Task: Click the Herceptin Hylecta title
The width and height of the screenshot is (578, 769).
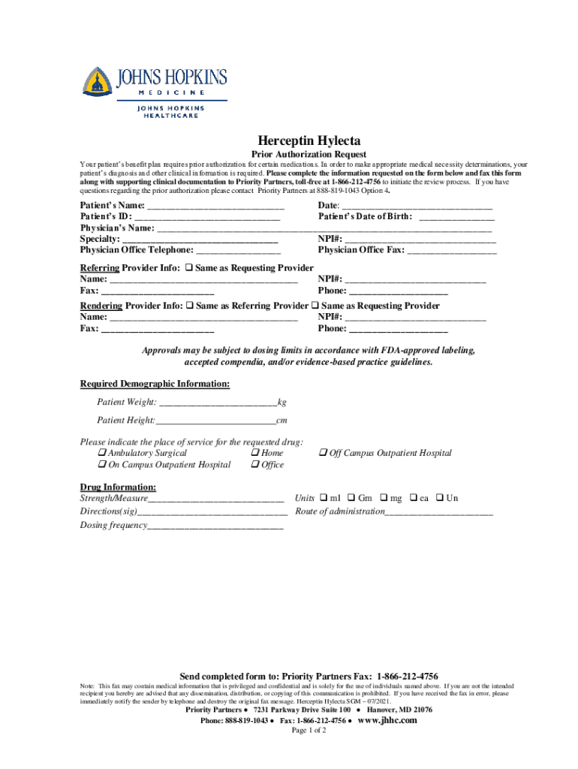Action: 309,140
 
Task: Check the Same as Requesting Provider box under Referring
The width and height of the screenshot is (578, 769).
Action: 189,268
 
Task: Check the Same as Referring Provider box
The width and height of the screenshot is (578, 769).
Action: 189,306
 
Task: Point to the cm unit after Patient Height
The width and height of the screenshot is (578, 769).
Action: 282,421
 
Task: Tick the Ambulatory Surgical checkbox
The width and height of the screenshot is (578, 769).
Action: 101,453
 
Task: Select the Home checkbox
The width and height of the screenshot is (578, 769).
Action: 254,453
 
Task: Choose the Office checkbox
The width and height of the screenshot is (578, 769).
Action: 254,465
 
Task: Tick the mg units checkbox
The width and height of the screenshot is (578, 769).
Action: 384,498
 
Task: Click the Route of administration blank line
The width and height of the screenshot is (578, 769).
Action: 439,512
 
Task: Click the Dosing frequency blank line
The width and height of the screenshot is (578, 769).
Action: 215,526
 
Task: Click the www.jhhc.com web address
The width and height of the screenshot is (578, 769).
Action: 388,720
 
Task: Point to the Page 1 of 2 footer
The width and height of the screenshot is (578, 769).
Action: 308,731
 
